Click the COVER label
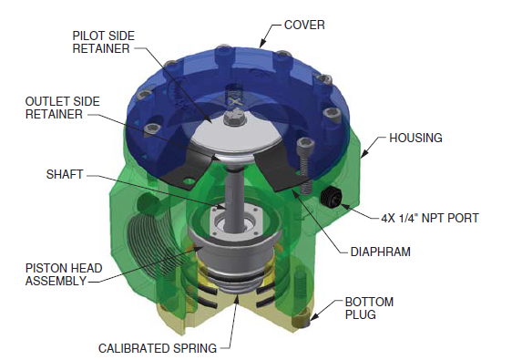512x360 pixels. (304, 26)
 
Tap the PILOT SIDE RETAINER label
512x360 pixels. (103, 42)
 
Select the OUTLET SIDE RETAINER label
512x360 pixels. (62, 108)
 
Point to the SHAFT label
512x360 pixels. (65, 174)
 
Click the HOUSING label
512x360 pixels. (415, 138)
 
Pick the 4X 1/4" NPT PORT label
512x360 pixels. (430, 218)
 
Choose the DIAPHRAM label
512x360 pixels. (381, 252)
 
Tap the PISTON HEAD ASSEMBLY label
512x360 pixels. (64, 274)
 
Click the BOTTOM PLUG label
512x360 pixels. (369, 308)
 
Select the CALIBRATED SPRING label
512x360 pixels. (158, 348)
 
